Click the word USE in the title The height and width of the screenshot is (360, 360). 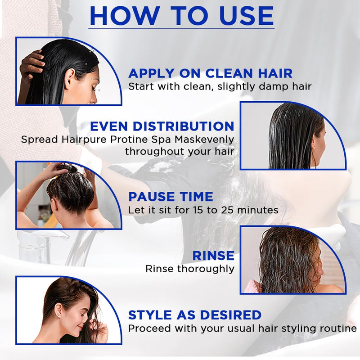pos(246,16)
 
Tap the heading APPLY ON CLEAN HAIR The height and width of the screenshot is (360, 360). pos(210,73)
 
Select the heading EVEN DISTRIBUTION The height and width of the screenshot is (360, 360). pos(162,126)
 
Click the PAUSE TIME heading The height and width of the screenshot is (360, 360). pos(171,197)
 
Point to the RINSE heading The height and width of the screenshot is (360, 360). pos(213,256)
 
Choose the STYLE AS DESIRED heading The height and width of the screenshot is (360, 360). pos(195,315)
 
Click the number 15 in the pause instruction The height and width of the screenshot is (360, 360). pos(198,210)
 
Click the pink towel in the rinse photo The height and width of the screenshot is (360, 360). pos(252,286)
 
